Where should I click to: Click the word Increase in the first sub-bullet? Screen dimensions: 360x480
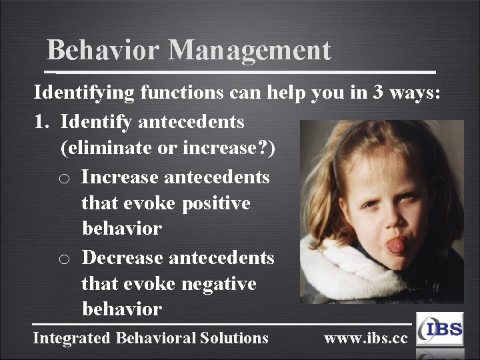pos(120,177)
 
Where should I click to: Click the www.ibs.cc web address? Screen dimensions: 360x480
pos(365,338)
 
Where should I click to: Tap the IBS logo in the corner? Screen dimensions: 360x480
pos(439,329)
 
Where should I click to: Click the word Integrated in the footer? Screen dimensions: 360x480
pos(72,338)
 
